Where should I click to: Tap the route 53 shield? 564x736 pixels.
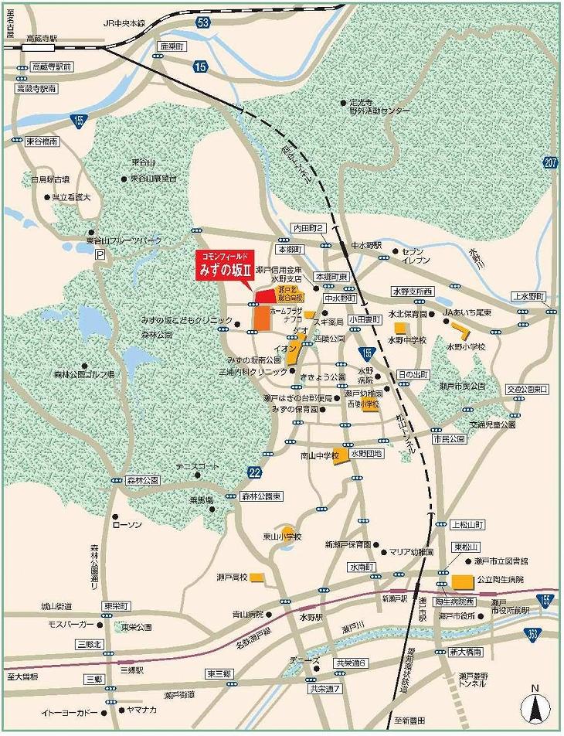[x=203, y=22]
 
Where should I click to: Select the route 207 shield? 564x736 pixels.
[x=549, y=162]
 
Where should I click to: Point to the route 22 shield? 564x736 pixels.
[x=254, y=472]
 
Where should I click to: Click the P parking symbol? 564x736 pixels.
[x=99, y=255]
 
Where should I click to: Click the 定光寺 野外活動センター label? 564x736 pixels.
[x=379, y=106]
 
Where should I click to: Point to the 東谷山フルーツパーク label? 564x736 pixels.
[x=124, y=241]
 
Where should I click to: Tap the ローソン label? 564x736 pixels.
[x=124, y=524]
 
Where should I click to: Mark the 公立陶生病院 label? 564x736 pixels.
[x=501, y=579]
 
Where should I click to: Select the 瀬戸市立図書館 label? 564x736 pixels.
[x=501, y=561]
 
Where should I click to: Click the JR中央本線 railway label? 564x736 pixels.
[x=125, y=22]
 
